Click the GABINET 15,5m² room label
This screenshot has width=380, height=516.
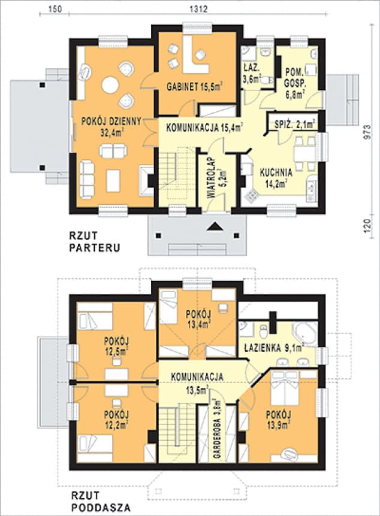point(194,87)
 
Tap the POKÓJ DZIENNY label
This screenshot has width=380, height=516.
point(111,121)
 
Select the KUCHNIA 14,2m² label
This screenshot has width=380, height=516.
point(276,178)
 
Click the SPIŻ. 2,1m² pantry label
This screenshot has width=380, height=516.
point(295,125)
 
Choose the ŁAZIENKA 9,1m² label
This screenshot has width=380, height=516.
point(274,348)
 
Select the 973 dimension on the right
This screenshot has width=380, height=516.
point(368,133)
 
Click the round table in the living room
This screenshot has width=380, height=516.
point(110,85)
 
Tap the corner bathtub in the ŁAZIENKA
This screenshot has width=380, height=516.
point(304,333)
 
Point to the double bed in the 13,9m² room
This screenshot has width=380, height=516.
point(285,388)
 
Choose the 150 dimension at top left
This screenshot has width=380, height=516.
point(55,9)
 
